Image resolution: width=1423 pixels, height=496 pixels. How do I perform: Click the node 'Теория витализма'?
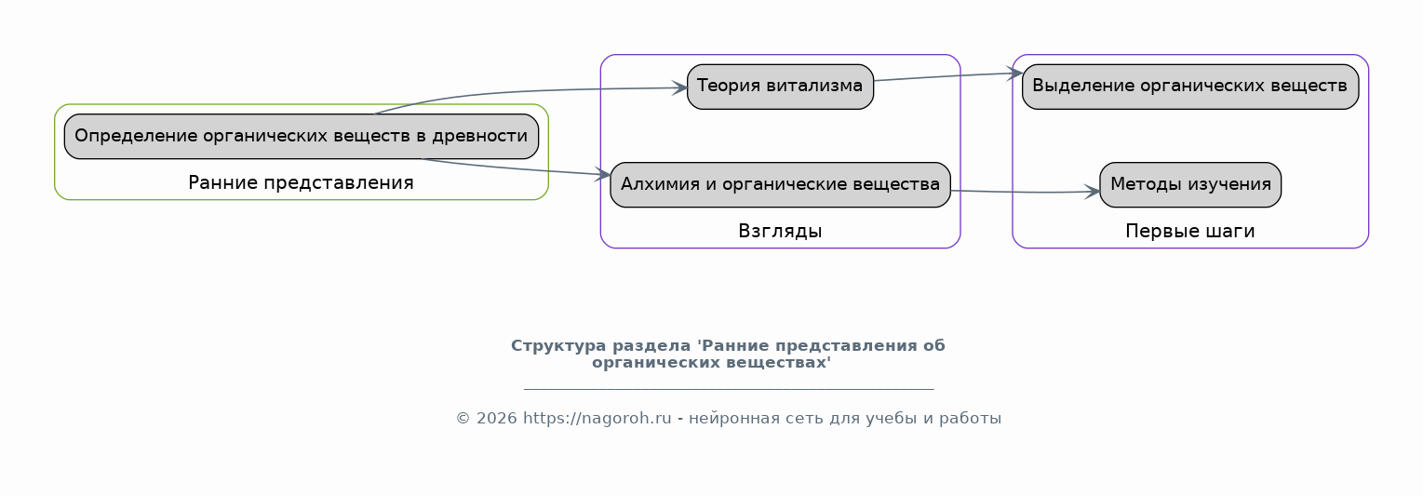pos(780,87)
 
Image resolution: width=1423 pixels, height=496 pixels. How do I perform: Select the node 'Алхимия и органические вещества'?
pos(780,185)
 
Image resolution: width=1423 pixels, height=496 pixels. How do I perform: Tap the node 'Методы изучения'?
pos(1190,185)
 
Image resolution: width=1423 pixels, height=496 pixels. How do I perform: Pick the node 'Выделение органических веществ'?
pos(1189,87)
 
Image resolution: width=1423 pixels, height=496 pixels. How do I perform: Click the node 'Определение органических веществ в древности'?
pos(302,137)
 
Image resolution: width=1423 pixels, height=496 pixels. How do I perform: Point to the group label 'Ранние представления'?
pos(302,183)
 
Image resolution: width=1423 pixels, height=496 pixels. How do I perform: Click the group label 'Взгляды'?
pos(780,231)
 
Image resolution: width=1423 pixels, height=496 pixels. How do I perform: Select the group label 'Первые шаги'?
pos(1189,231)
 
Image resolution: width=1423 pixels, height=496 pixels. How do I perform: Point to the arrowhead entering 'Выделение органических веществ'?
pos(1015,74)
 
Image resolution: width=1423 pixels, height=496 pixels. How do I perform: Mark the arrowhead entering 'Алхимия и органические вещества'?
pos(603,175)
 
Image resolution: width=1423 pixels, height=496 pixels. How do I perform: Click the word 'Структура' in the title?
pos(558,346)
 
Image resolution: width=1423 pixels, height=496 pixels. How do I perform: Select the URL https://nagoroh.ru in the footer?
pos(597,419)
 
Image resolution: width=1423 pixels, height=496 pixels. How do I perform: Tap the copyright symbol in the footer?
pos(463,419)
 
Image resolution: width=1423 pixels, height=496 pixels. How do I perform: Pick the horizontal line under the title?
pos(729,388)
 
